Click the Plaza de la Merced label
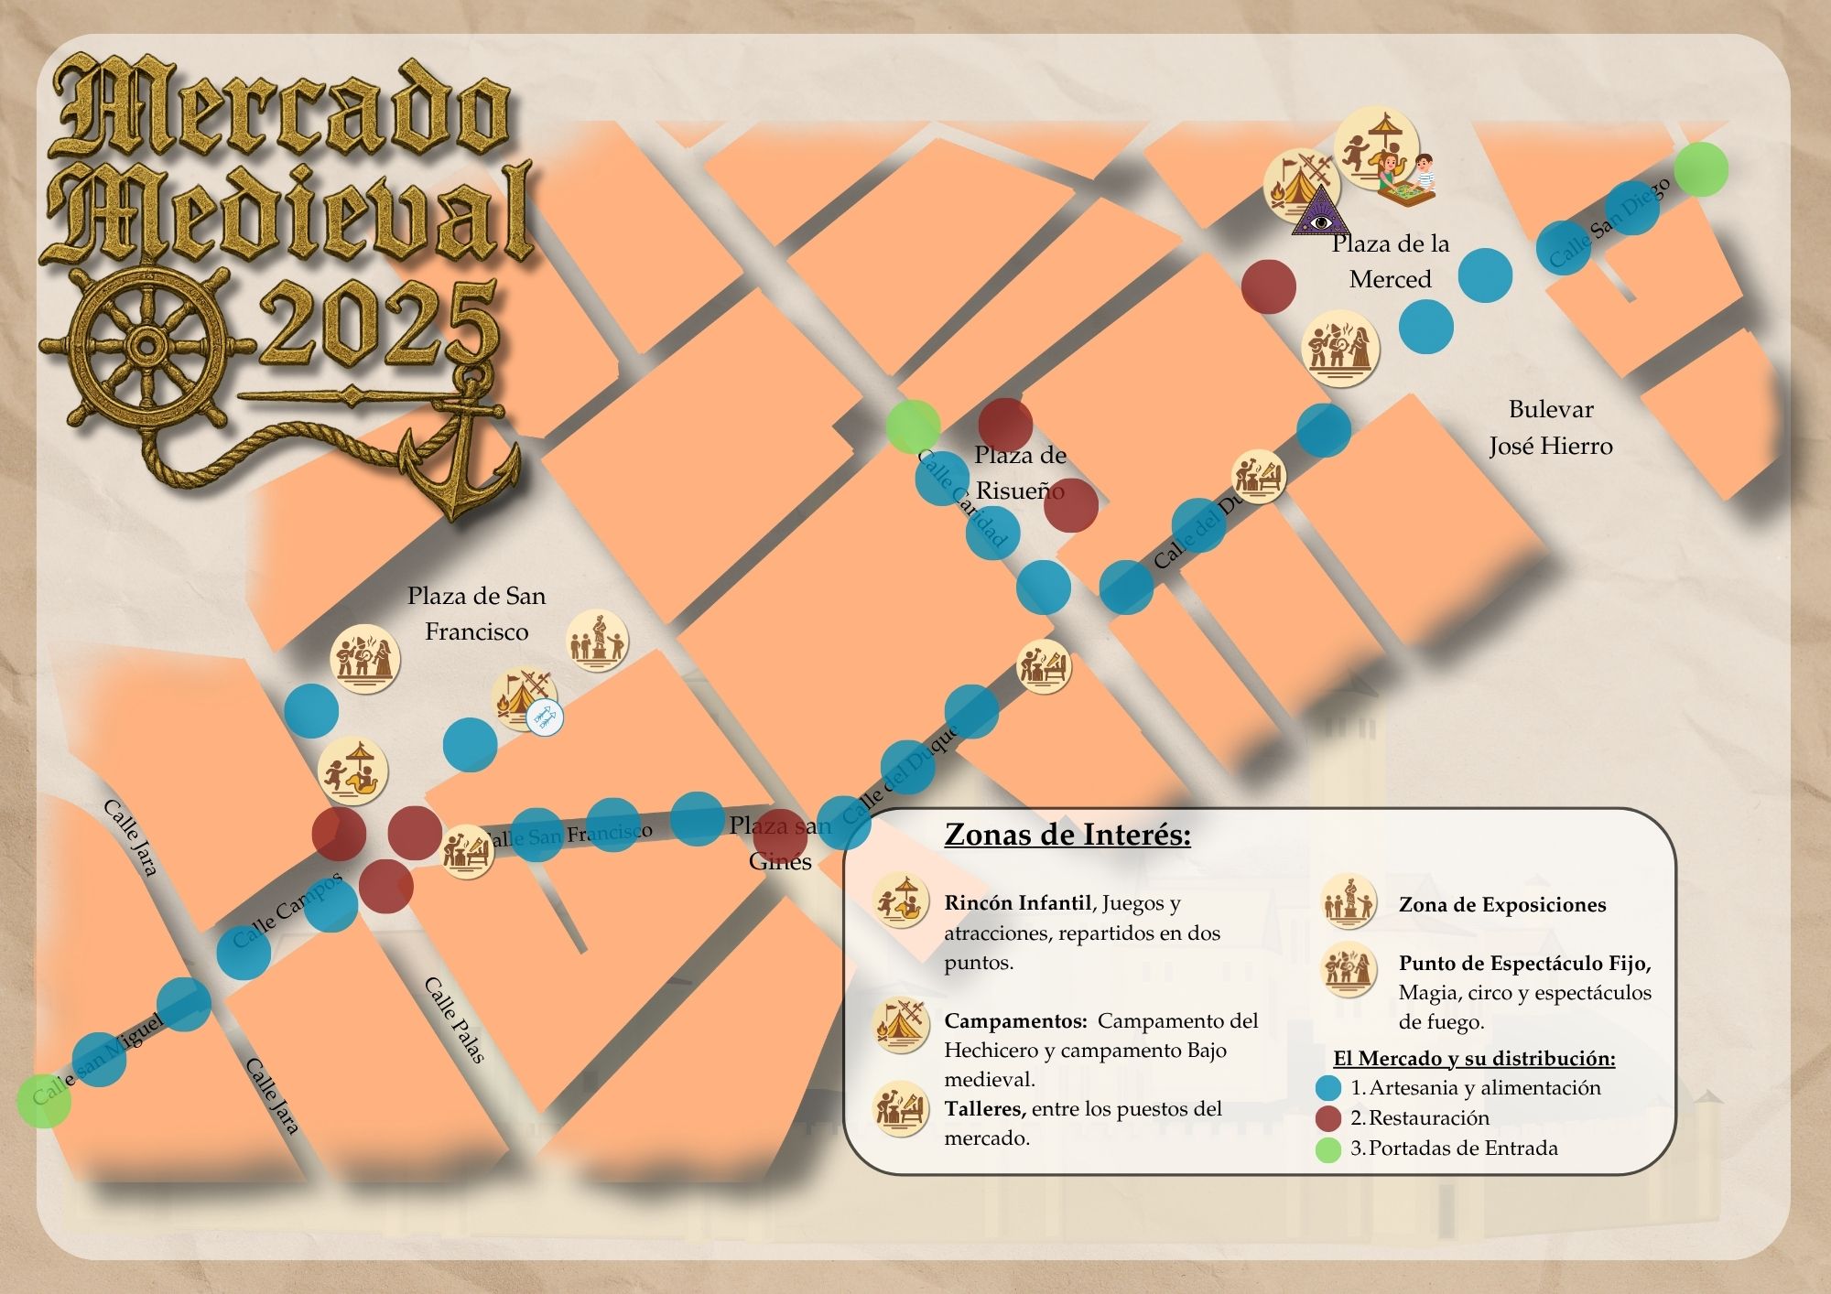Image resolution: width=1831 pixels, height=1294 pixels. click(1390, 261)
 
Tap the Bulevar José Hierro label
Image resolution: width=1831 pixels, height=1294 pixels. click(1550, 427)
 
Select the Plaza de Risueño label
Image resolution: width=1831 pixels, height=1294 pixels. click(1020, 472)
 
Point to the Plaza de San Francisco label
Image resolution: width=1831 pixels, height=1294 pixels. click(476, 613)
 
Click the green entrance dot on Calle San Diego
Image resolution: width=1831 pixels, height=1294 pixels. click(1701, 169)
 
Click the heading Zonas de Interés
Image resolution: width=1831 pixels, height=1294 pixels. click(1067, 835)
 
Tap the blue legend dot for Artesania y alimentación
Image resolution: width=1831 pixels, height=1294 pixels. click(1328, 1088)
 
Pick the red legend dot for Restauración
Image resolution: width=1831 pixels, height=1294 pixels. click(1328, 1117)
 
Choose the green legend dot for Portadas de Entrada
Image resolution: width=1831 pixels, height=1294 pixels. click(1328, 1148)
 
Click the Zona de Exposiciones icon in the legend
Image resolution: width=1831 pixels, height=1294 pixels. click(1349, 902)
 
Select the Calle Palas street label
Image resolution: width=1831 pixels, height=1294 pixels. click(454, 1019)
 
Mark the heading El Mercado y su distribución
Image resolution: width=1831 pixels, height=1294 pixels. click(1474, 1059)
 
